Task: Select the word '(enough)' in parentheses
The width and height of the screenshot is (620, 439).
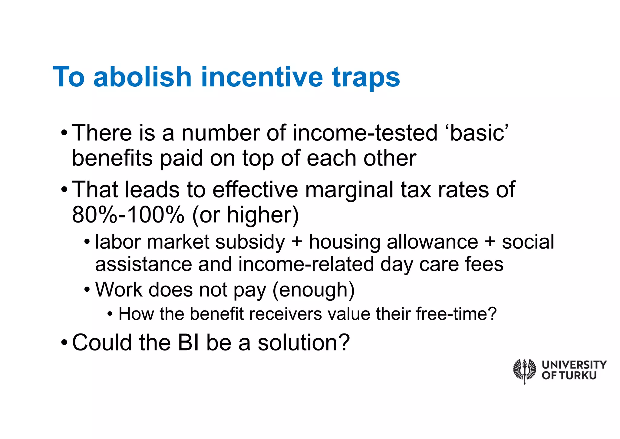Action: [x=313, y=290]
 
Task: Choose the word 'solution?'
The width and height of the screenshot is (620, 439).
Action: [x=304, y=343]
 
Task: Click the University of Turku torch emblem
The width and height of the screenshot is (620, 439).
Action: [x=524, y=370]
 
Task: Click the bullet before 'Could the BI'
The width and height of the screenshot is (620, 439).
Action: [x=64, y=343]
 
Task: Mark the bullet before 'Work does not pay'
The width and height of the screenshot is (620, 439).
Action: [x=87, y=290]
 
